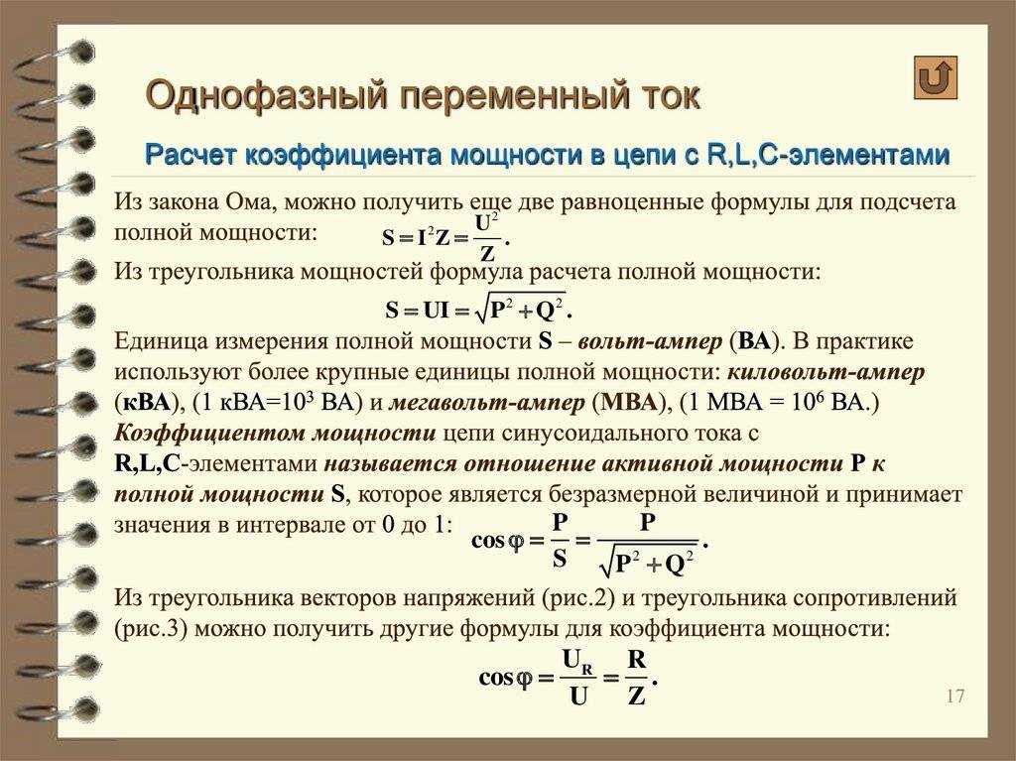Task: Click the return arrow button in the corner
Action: tap(935, 77)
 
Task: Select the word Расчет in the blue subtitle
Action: tap(191, 156)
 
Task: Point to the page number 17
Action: tap(955, 696)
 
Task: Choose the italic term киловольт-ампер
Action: tap(825, 373)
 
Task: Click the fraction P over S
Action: tap(560, 541)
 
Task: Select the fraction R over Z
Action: tap(637, 678)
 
